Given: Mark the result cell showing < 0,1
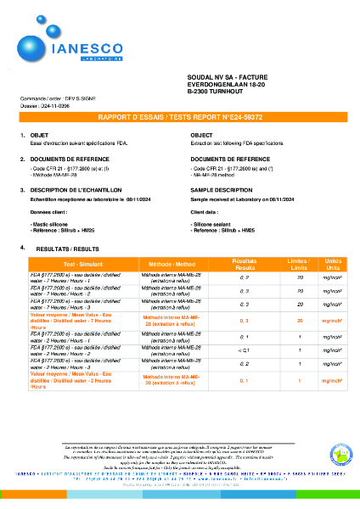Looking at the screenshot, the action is [x=245, y=350].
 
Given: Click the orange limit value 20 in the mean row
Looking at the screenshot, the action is [x=300, y=320].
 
